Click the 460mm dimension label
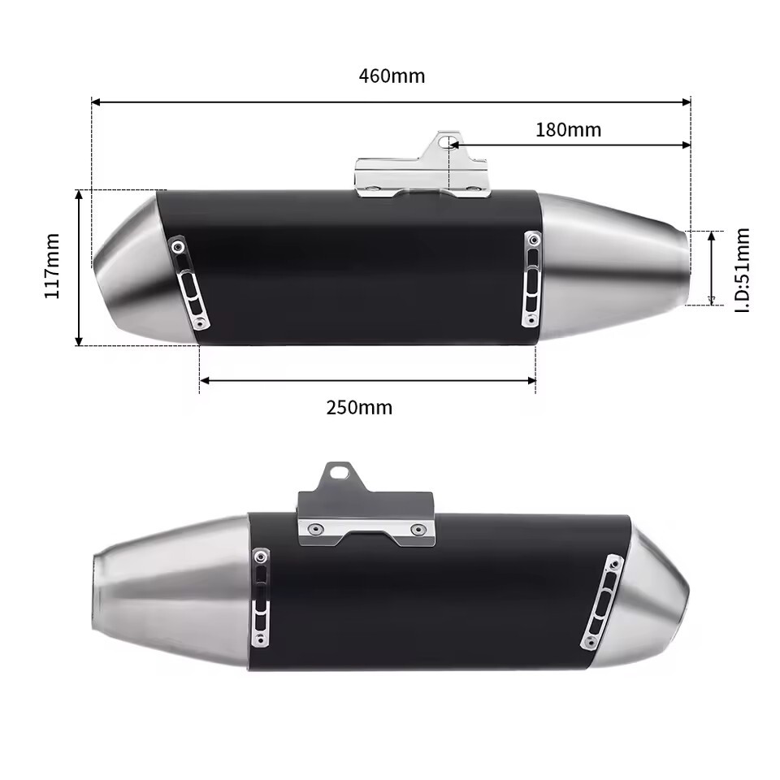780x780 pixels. coord(392,76)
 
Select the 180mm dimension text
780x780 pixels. coord(568,130)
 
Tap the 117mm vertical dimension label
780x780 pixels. coord(53,266)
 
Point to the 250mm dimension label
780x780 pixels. coord(359,407)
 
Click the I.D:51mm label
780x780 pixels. coord(741,270)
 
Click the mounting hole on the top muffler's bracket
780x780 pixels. coord(444,142)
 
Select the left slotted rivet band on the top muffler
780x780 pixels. coord(189,284)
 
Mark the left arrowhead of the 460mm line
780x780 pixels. coord(95,102)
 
